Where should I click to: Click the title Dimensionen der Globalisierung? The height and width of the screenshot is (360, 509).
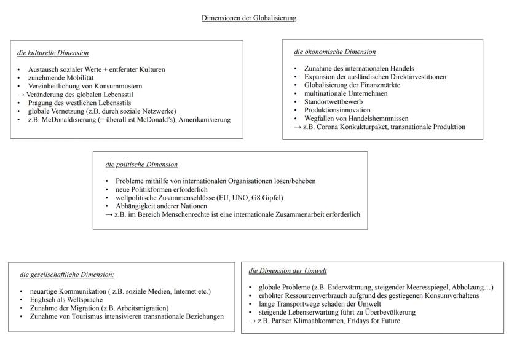point(249,18)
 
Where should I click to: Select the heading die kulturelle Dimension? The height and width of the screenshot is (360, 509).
point(53,53)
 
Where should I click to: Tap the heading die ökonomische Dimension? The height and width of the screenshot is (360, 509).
point(335,52)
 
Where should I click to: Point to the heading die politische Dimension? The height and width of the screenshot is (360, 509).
point(141,165)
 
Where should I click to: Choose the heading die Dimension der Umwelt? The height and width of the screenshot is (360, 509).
point(287,271)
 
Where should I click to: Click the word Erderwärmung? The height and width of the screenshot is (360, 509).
point(332,287)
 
